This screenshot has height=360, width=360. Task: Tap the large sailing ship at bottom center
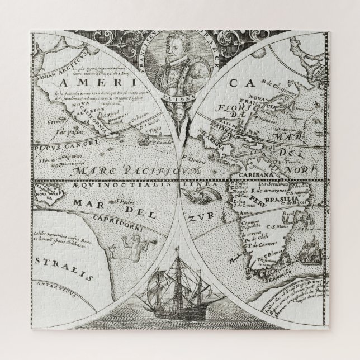pyautogui.click(x=178, y=306)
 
